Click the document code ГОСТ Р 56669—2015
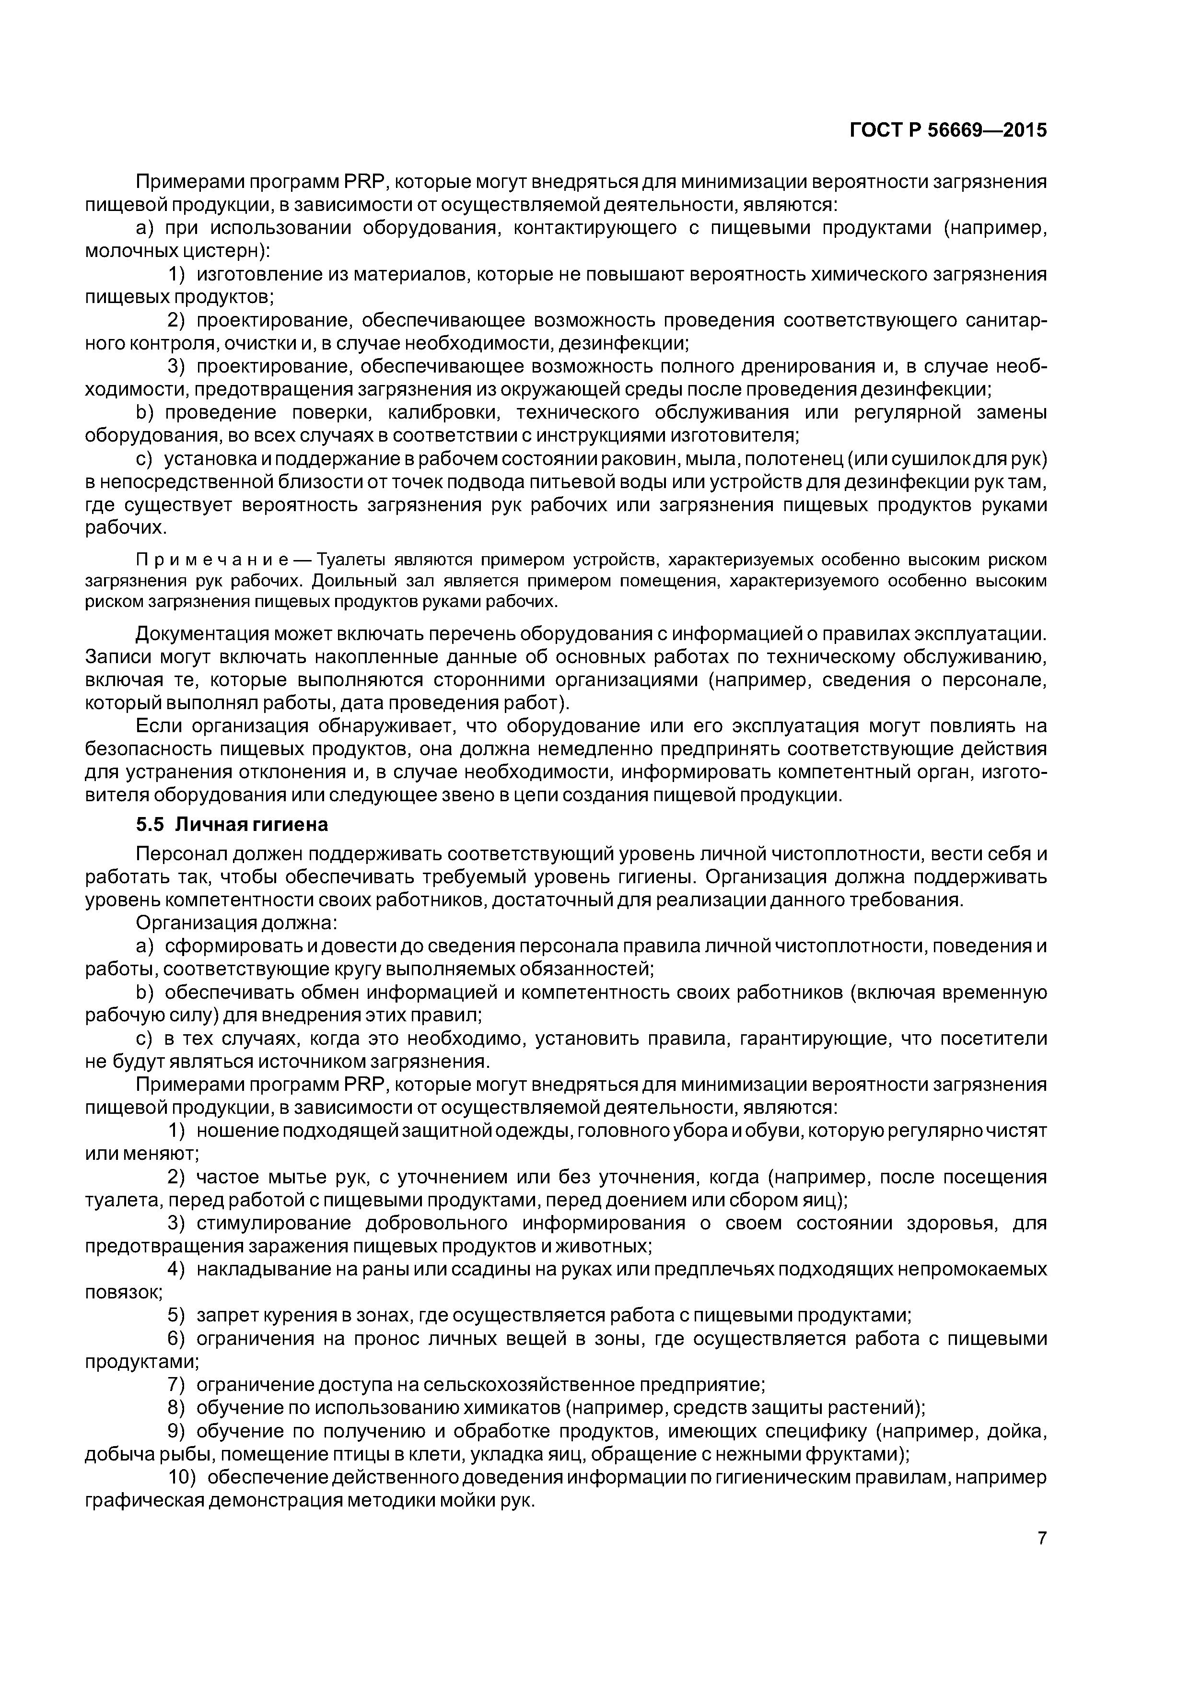coord(948,130)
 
